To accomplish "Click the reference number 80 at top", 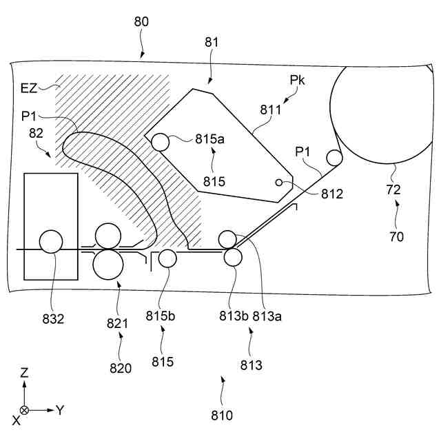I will (x=141, y=21).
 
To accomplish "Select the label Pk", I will (x=298, y=81).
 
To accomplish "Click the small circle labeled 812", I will (x=279, y=182).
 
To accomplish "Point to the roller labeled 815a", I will (x=161, y=142).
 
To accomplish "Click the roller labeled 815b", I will (x=167, y=258).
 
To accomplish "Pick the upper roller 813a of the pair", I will (x=227, y=240).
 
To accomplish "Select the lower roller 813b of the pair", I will (x=233, y=257).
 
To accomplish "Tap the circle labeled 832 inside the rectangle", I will (x=51, y=242).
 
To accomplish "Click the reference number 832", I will (x=53, y=319).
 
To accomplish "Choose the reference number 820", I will (x=120, y=368).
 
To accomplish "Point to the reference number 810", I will (x=222, y=416).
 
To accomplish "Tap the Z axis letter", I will (x=25, y=373).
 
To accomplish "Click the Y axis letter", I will (x=60, y=410).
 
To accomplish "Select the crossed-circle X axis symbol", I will (x=25, y=410).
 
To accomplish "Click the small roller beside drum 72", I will (x=334, y=157).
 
